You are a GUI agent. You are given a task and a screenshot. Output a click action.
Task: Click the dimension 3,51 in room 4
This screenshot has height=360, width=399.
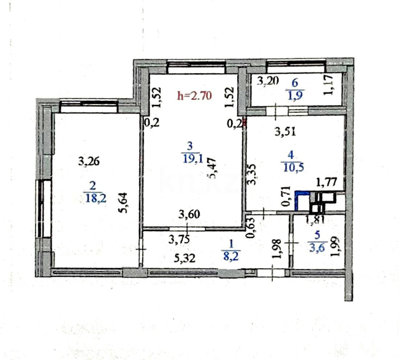(x=285, y=132)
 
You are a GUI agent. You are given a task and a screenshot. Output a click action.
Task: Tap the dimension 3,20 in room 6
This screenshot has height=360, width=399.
(x=268, y=81)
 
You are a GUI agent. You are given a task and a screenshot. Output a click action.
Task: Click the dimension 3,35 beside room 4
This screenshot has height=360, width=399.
(x=252, y=174)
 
